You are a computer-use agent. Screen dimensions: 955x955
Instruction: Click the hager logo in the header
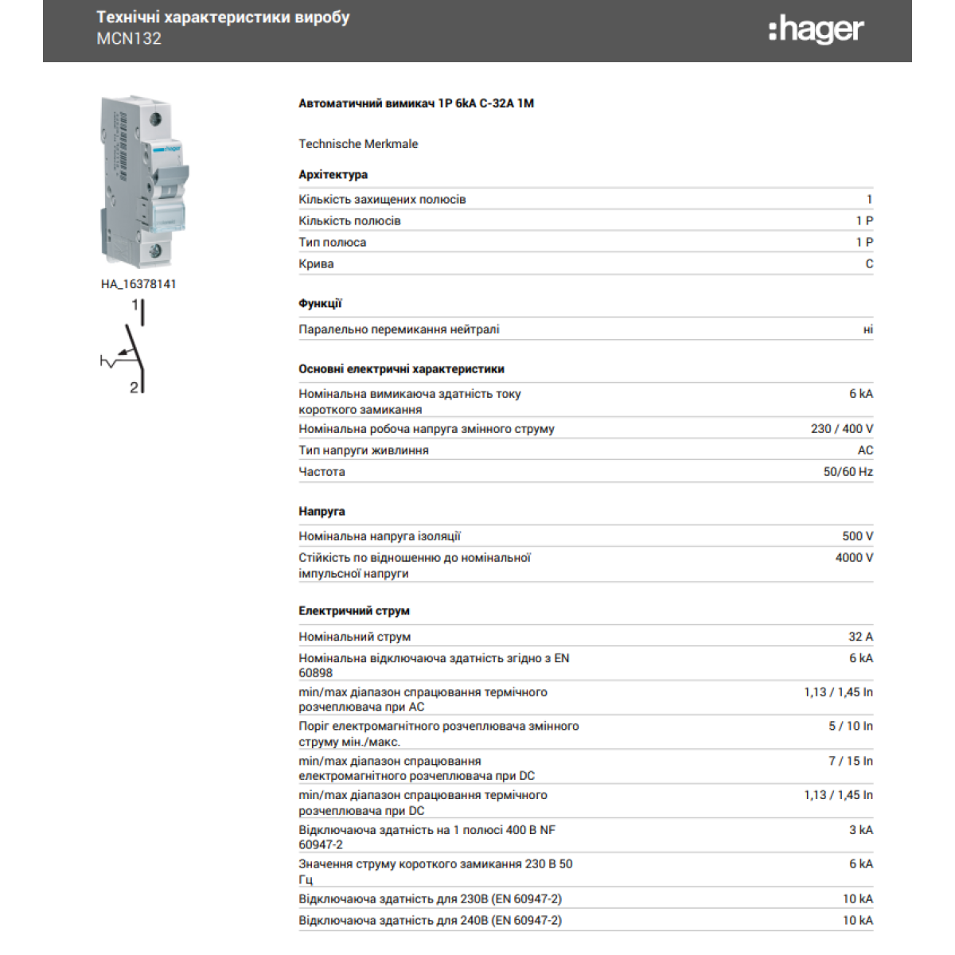point(816,30)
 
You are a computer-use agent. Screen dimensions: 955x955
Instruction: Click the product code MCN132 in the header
point(129,39)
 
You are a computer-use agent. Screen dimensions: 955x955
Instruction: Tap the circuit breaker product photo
point(145,181)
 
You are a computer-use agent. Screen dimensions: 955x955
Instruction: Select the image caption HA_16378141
point(138,284)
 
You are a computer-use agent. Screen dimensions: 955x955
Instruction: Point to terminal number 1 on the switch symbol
point(135,305)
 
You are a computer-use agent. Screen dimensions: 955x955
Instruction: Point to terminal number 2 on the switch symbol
point(134,388)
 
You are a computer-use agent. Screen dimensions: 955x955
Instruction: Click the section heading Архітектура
point(333,175)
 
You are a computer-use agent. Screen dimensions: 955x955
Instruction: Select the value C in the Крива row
point(869,264)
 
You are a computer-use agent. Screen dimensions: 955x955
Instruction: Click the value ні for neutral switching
point(867,329)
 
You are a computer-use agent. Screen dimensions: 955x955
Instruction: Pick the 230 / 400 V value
point(842,429)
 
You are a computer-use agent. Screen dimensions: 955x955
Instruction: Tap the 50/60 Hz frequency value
point(848,472)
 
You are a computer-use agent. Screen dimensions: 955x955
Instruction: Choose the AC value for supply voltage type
point(865,450)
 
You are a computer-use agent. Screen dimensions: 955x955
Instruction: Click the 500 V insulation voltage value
point(857,536)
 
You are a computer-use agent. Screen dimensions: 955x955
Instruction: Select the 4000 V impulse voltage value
point(854,558)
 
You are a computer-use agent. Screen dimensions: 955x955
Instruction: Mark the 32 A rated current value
point(860,637)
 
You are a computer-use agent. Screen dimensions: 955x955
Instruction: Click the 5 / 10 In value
point(851,727)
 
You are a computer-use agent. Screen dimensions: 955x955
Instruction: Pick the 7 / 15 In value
point(851,762)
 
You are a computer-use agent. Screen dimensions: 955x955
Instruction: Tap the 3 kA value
point(860,830)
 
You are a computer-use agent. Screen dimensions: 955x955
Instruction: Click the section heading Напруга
point(322,512)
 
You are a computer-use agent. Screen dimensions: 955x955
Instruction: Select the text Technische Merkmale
point(358,144)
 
